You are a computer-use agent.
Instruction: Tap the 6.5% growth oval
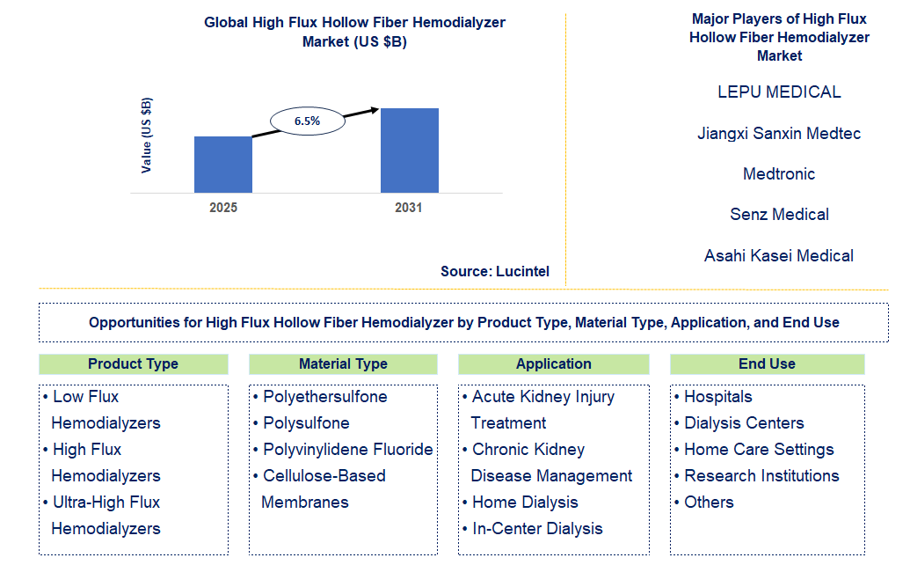click(x=307, y=121)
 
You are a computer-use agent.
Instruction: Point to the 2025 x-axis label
click(x=222, y=209)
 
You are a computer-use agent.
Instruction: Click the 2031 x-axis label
click(x=408, y=209)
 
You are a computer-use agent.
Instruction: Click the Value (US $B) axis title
click(x=147, y=135)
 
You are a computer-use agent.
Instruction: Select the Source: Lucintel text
click(x=495, y=272)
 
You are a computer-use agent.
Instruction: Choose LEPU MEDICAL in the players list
click(x=779, y=92)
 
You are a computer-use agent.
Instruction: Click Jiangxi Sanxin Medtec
click(x=779, y=134)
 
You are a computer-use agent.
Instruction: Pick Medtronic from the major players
click(x=779, y=174)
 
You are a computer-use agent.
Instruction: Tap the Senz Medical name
click(x=779, y=215)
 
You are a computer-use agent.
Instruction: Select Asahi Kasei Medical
click(x=779, y=256)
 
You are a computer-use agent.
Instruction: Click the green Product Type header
click(x=133, y=364)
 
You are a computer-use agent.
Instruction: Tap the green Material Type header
click(x=343, y=364)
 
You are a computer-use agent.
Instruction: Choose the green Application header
click(x=553, y=364)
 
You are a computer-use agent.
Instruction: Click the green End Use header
click(x=767, y=364)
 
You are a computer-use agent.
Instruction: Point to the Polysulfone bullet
click(x=306, y=423)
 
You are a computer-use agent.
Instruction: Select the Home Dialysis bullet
click(x=525, y=503)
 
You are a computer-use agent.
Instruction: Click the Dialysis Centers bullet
click(x=744, y=423)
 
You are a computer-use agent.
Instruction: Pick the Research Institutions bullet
click(x=761, y=476)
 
